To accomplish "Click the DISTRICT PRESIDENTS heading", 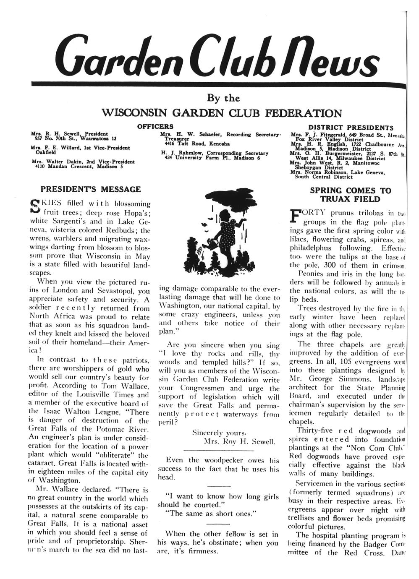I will coord(351,128).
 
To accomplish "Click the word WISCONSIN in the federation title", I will coord(134,113).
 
